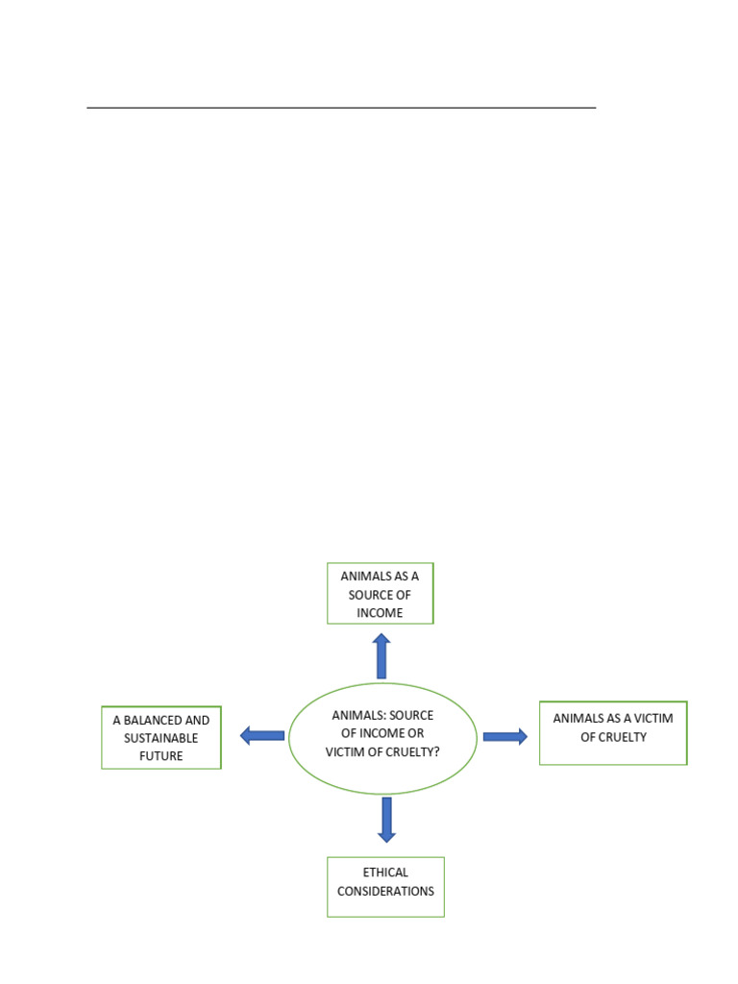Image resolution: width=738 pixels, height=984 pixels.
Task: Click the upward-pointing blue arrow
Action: (x=381, y=655)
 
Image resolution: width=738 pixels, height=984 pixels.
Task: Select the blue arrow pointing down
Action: (x=386, y=820)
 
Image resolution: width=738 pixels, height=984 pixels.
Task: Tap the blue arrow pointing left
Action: (x=262, y=735)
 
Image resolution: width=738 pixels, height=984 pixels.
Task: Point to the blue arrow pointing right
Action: (x=505, y=736)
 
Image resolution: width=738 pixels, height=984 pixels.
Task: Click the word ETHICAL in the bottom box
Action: (x=385, y=873)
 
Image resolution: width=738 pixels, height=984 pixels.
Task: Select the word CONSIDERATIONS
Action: (x=385, y=891)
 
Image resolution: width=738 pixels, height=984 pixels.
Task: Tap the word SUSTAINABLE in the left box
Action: (x=160, y=738)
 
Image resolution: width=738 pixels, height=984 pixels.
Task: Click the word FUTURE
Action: (x=160, y=756)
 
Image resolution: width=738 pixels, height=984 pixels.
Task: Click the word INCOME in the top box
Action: (x=380, y=613)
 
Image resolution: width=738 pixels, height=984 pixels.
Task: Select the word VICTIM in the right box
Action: (x=653, y=719)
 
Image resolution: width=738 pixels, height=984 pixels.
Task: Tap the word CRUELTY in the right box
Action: (x=622, y=737)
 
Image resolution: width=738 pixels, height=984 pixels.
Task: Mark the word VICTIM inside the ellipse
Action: (x=345, y=751)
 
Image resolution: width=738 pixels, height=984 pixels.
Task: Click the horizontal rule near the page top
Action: (x=341, y=108)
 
